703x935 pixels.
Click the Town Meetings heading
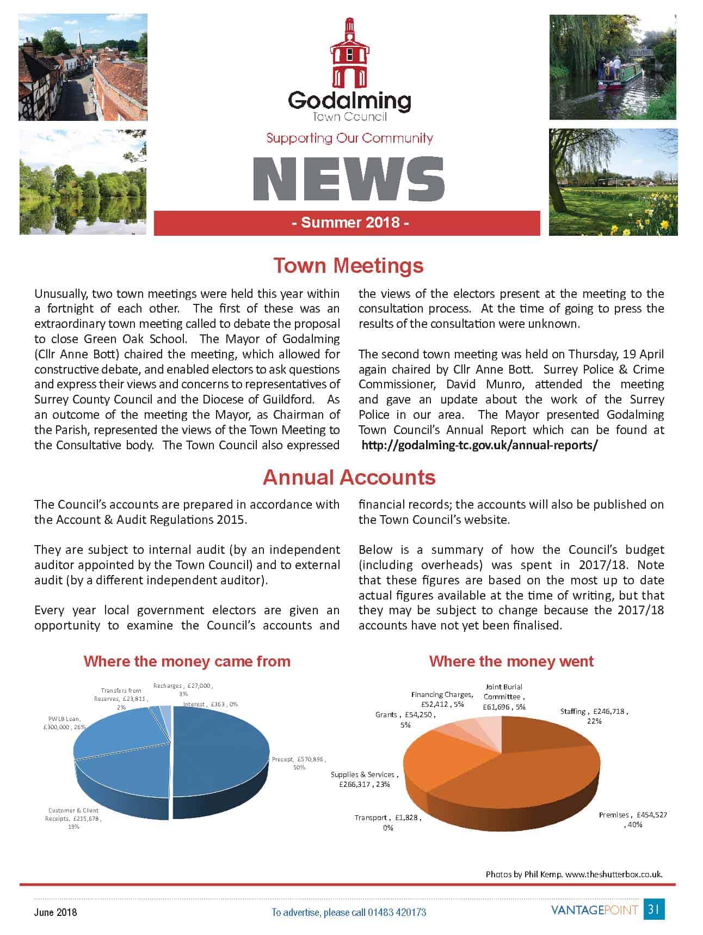[348, 265]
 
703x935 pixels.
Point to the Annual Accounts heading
[349, 477]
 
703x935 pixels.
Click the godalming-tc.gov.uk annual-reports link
[479, 445]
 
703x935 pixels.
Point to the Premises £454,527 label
[633, 820]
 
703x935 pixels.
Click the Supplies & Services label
[364, 779]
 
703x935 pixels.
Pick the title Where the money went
[511, 661]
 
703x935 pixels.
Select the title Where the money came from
[187, 661]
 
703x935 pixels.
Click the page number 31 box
[654, 909]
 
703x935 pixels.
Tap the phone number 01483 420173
[396, 912]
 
